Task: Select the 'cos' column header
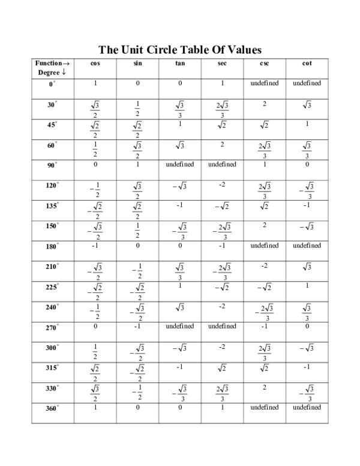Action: click(95, 63)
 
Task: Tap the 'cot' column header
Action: click(307, 63)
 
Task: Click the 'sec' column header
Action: click(222, 63)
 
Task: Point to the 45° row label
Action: click(53, 125)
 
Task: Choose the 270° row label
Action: click(53, 327)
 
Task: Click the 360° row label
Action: click(53, 408)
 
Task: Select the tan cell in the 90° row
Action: click(180, 165)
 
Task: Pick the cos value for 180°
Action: click(95, 246)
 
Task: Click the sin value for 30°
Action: click(137, 109)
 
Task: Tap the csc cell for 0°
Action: click(264, 83)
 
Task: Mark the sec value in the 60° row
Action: click(222, 144)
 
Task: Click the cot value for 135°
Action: click(307, 205)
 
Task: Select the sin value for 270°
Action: click(137, 327)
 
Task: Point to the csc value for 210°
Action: click(264, 265)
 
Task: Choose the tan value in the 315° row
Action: click(180, 367)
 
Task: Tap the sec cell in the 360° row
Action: click(222, 408)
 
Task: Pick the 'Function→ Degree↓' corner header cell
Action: click(53, 67)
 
